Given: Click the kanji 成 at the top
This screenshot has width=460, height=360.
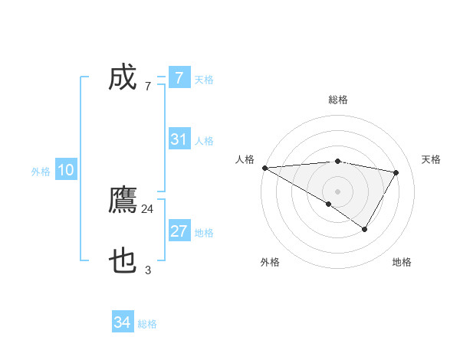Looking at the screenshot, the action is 123,77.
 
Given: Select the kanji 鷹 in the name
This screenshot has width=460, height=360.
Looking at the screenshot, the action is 123,201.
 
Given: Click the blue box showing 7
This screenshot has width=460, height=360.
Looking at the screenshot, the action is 179,77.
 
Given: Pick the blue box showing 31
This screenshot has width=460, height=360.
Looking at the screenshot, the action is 179,139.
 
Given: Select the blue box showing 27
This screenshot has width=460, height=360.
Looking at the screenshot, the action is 179,231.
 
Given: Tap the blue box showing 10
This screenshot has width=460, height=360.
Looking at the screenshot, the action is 66,171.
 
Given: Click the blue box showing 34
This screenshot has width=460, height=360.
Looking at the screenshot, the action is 123,323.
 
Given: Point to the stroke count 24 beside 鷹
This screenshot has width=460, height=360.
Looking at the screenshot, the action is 148,208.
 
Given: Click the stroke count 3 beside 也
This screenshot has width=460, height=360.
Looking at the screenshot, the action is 148,270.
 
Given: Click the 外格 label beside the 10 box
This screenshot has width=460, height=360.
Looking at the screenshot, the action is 41,172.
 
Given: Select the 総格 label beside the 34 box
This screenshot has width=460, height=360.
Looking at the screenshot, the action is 147,324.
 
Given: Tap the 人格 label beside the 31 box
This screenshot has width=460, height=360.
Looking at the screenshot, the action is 204,141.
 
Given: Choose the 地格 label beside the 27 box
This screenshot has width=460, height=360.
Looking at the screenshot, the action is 204,233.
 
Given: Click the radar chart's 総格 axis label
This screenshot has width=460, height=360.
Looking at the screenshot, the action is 337,100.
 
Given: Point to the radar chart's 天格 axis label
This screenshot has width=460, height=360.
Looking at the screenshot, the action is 432,159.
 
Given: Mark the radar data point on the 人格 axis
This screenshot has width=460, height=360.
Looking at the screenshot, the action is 264,167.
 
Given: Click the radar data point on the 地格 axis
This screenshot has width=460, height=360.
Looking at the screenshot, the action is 365,229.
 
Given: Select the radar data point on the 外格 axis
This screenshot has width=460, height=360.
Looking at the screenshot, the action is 328,204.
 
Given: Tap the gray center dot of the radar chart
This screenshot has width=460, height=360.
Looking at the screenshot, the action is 337,191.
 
